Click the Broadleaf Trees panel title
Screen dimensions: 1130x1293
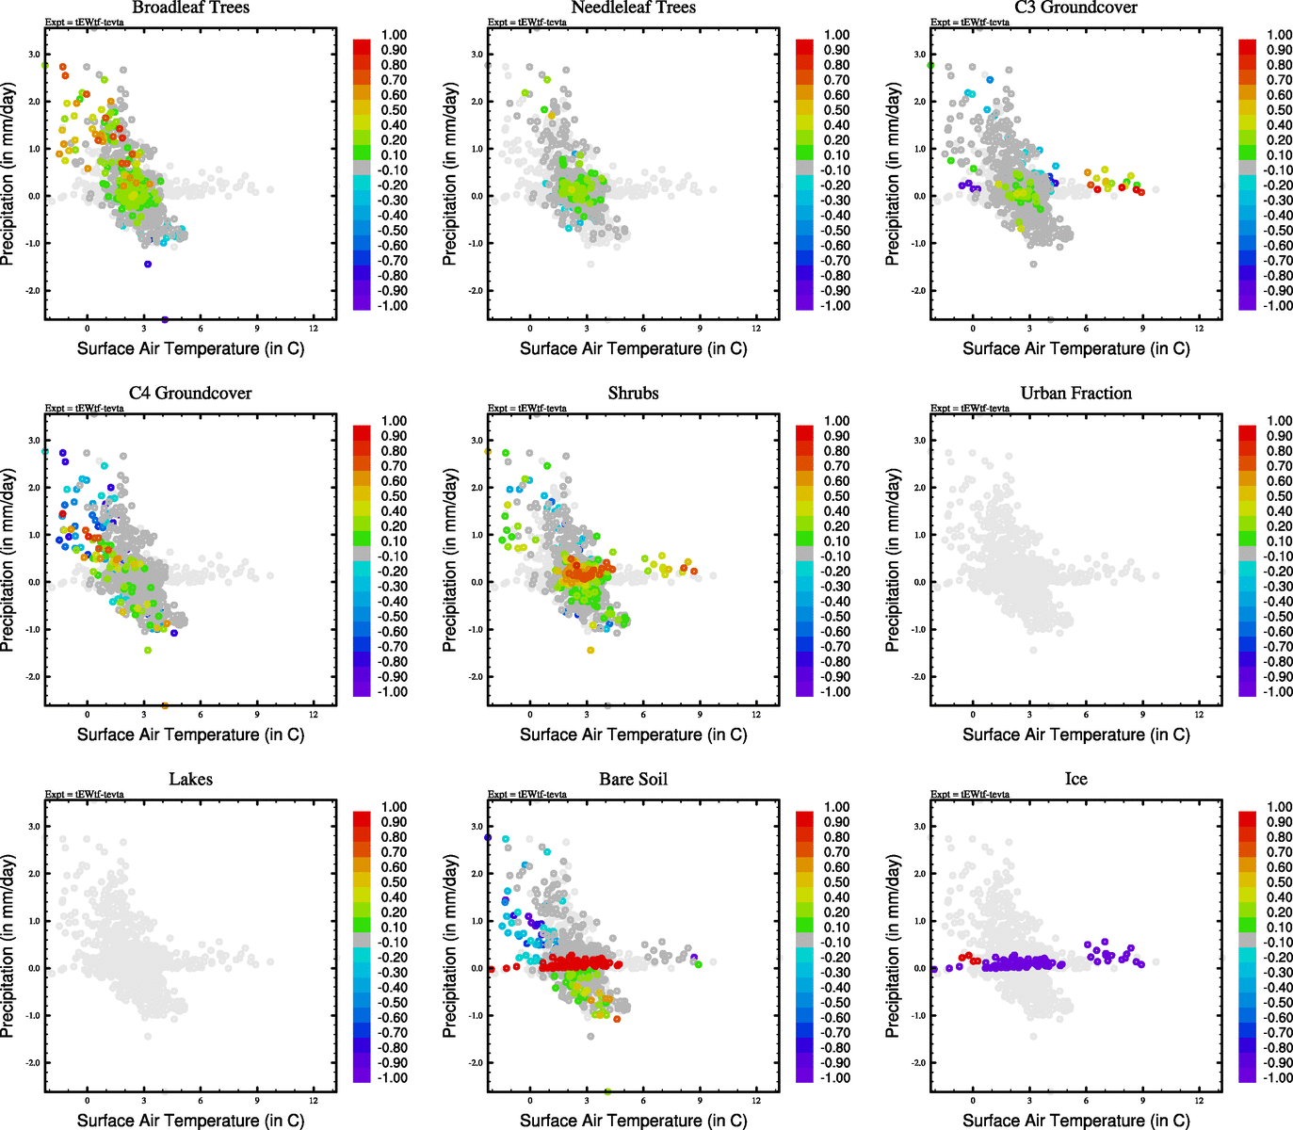click(x=190, y=8)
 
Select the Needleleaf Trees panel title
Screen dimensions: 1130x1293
click(x=633, y=8)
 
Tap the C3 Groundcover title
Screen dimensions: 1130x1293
click(x=1075, y=8)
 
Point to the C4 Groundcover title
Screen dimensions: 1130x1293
click(x=190, y=394)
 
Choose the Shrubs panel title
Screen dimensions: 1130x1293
click(x=633, y=394)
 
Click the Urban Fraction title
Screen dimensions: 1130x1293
click(x=1075, y=394)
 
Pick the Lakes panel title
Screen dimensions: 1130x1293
click(x=190, y=780)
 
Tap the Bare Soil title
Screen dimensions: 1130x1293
click(x=633, y=780)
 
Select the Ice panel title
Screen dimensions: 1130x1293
click(x=1075, y=780)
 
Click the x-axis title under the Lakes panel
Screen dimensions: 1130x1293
click(x=190, y=1121)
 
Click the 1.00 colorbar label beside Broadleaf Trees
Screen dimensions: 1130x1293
click(x=394, y=35)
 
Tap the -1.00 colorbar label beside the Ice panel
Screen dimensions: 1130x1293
click(x=1278, y=1078)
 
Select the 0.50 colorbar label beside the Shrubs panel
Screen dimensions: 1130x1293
click(x=836, y=496)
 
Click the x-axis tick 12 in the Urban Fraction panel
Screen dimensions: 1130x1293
click(x=1199, y=715)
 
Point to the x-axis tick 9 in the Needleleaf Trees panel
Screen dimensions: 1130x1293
click(x=700, y=329)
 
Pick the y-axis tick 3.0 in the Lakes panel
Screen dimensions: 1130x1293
click(x=34, y=827)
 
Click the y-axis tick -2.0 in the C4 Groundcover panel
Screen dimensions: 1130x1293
click(x=32, y=677)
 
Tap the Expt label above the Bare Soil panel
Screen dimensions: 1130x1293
click(x=527, y=795)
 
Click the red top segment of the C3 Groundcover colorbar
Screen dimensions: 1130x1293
click(x=1247, y=44)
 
